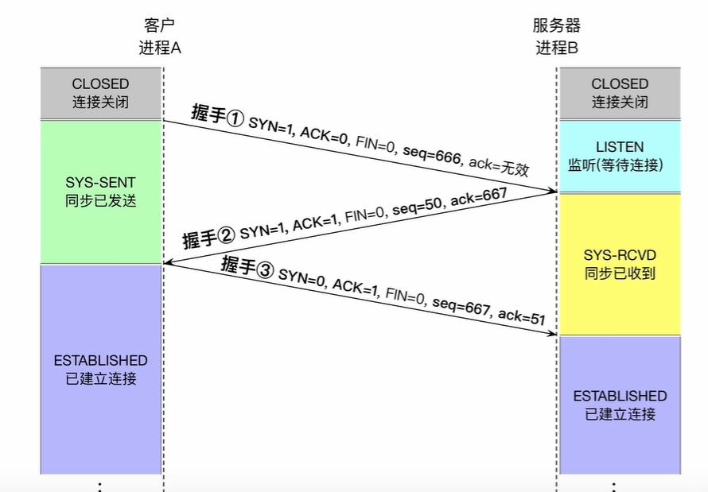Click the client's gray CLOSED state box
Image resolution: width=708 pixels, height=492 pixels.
coord(100,92)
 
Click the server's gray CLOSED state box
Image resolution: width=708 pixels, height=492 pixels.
coord(620,92)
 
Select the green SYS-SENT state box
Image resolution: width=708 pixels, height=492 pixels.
coord(100,192)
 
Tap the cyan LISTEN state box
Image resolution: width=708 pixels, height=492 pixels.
coord(620,156)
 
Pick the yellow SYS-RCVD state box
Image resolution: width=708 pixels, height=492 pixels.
coord(620,265)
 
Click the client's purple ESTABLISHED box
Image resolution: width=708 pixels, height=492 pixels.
coord(100,369)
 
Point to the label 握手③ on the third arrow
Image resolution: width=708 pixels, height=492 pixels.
coord(247,266)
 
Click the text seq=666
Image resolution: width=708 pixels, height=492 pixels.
coord(432,155)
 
